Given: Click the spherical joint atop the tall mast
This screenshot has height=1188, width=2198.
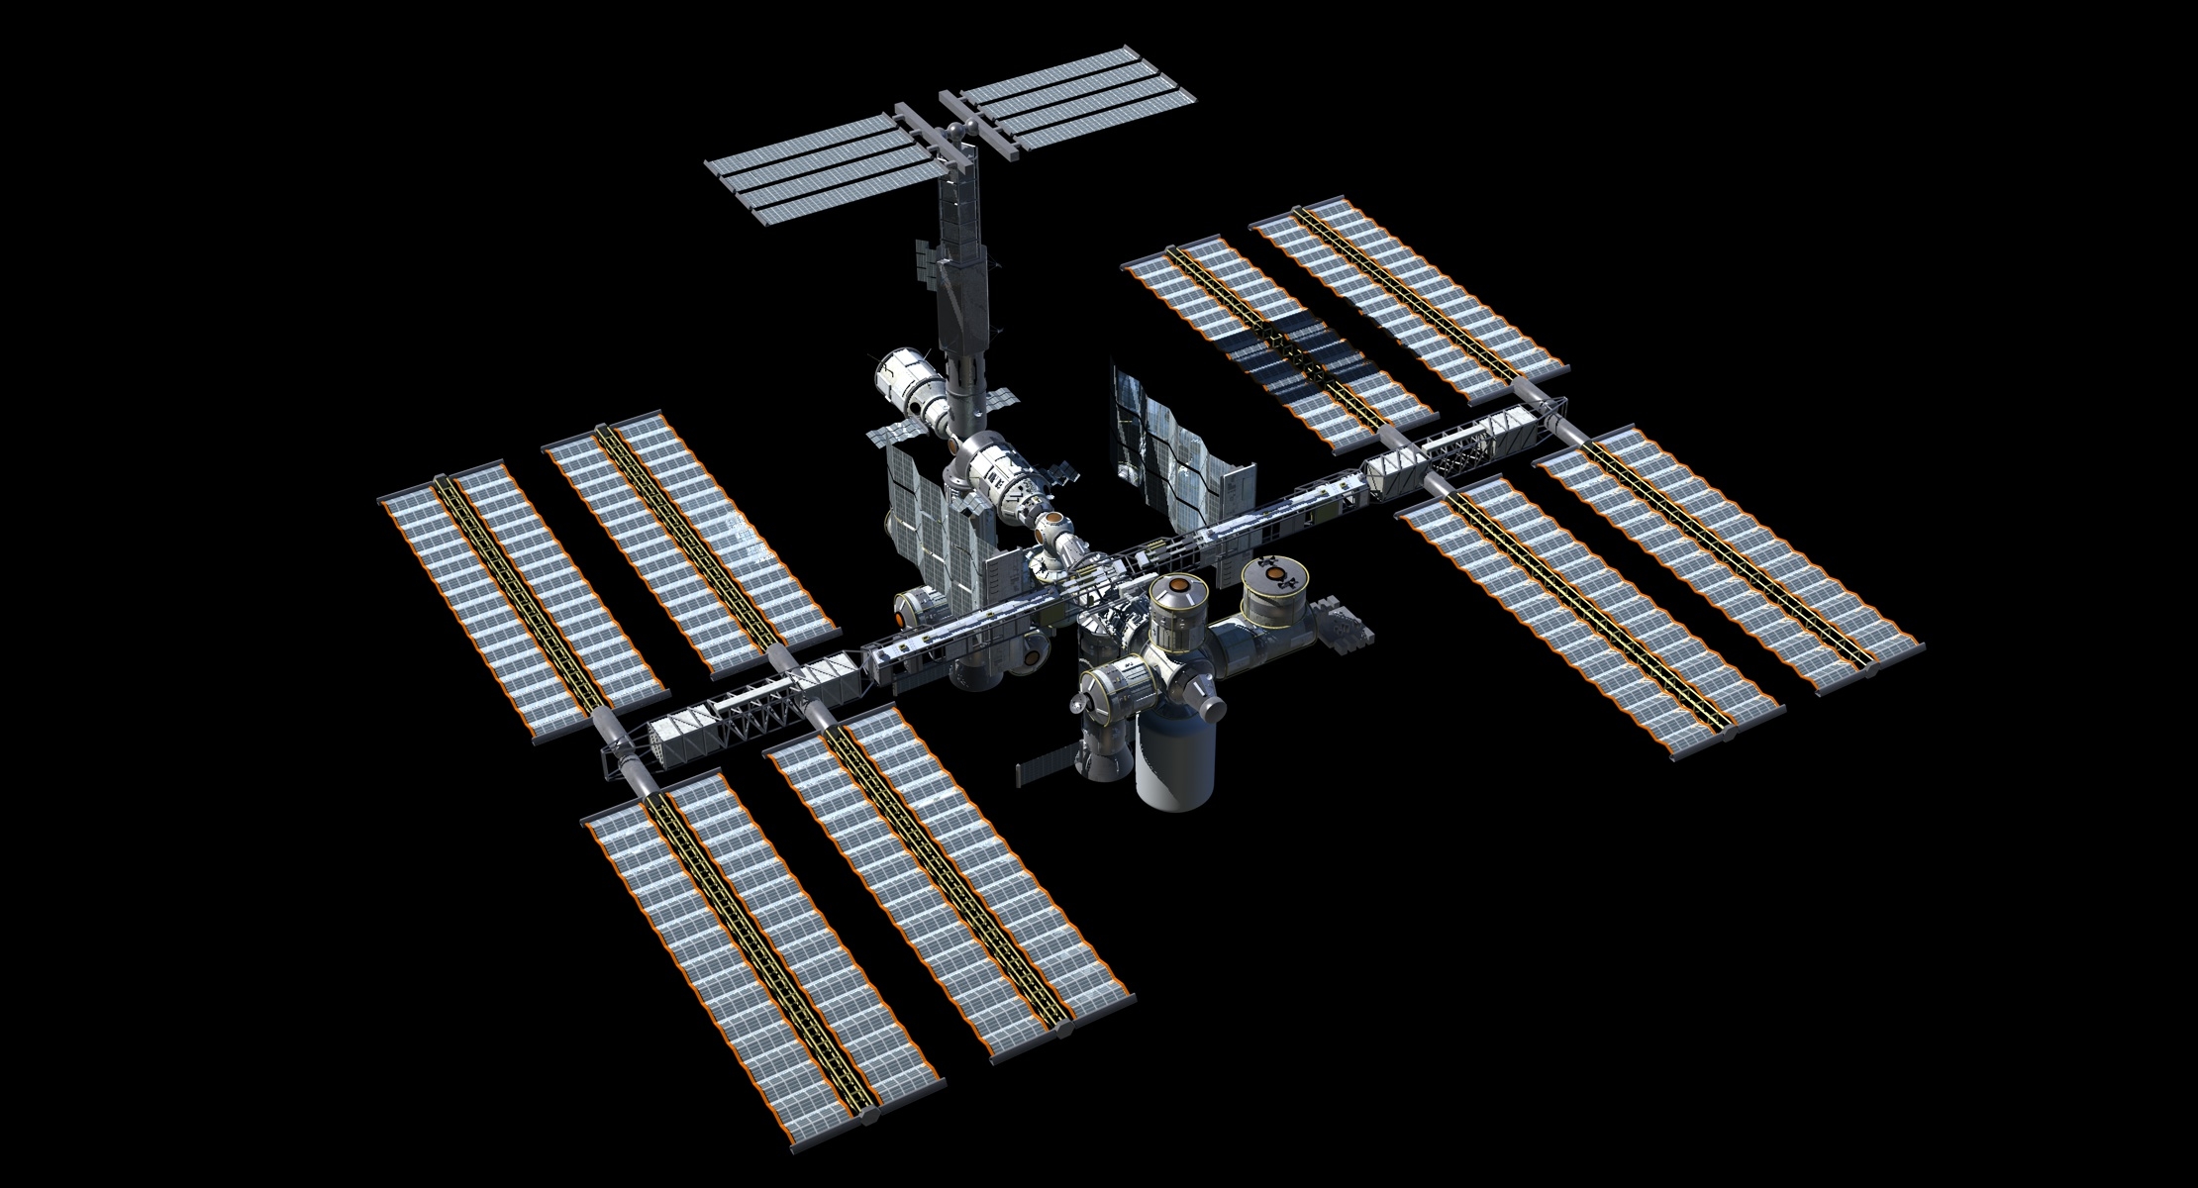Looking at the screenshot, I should click(956, 130).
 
